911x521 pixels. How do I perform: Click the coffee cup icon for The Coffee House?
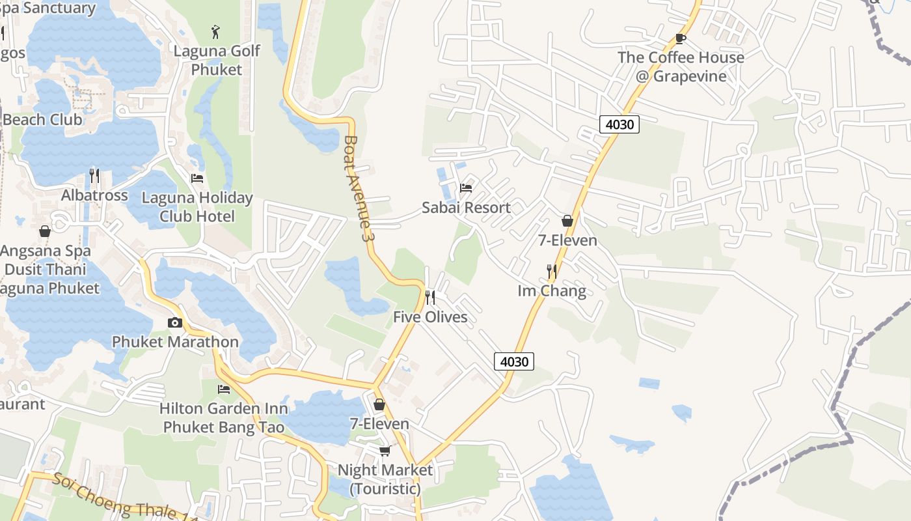(681, 38)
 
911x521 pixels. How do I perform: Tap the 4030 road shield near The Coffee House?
(619, 124)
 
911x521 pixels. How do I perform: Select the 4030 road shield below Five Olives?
(514, 361)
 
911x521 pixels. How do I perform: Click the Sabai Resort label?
(466, 208)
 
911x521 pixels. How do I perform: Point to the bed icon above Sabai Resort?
(466, 188)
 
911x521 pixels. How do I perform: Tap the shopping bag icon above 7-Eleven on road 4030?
(567, 221)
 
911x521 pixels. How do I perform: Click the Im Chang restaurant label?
(552, 290)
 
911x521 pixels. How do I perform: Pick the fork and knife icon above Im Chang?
(552, 271)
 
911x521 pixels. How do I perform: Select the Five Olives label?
(430, 317)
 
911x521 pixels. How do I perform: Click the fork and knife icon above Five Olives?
(430, 298)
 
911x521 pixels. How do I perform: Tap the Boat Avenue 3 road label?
(360, 189)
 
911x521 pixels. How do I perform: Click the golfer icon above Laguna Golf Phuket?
(216, 31)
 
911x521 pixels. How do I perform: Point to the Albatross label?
(94, 195)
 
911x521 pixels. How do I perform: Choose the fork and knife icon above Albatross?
(94, 176)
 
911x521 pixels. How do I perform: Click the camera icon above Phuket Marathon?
(174, 322)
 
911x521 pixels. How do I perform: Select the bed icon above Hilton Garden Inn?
(224, 389)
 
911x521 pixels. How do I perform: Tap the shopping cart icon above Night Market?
(385, 451)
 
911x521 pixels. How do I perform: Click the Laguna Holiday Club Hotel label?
(197, 206)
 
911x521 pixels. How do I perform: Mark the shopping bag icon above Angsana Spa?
(45, 231)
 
